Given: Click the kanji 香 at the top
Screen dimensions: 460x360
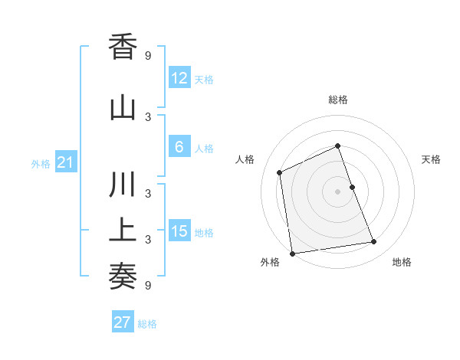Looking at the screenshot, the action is coord(123,47).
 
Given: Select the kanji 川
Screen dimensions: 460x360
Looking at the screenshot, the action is coord(123,187).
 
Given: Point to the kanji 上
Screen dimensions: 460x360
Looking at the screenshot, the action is coord(123,231).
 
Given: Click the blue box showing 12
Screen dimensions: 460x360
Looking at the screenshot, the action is coord(179,78).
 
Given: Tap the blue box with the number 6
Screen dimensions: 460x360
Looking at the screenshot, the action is coord(179,147).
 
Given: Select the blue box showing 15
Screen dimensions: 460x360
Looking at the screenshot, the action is coord(179,231).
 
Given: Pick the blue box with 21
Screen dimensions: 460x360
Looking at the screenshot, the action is coord(65,162).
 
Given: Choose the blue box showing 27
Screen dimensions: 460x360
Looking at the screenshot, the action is coord(122,322).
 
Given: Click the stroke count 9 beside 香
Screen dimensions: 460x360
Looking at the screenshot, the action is coord(148,55).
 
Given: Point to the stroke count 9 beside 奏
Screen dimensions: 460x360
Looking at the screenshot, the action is coord(148,285).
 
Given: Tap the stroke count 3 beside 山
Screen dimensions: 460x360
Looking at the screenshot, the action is coord(148,116).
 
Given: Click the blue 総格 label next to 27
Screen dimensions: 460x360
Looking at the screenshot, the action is coord(147,324).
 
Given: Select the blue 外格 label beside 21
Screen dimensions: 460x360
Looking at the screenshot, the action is coord(41,163).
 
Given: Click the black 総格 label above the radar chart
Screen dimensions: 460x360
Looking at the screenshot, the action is coord(338,100).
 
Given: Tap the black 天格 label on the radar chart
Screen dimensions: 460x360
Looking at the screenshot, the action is coord(432,159).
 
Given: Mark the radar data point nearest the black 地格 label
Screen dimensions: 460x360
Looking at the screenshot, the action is coord(374,242).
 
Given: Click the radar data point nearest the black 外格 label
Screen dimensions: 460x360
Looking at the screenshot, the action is coord(292,254).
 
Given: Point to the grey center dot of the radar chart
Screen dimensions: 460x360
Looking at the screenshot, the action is coord(338,191).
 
